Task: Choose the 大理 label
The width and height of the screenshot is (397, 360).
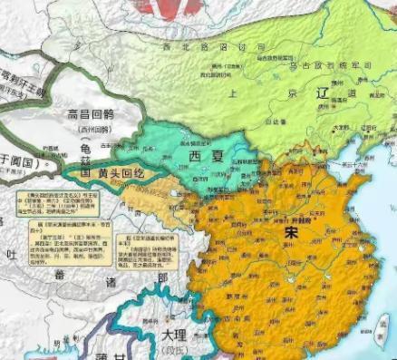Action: tap(179, 335)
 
